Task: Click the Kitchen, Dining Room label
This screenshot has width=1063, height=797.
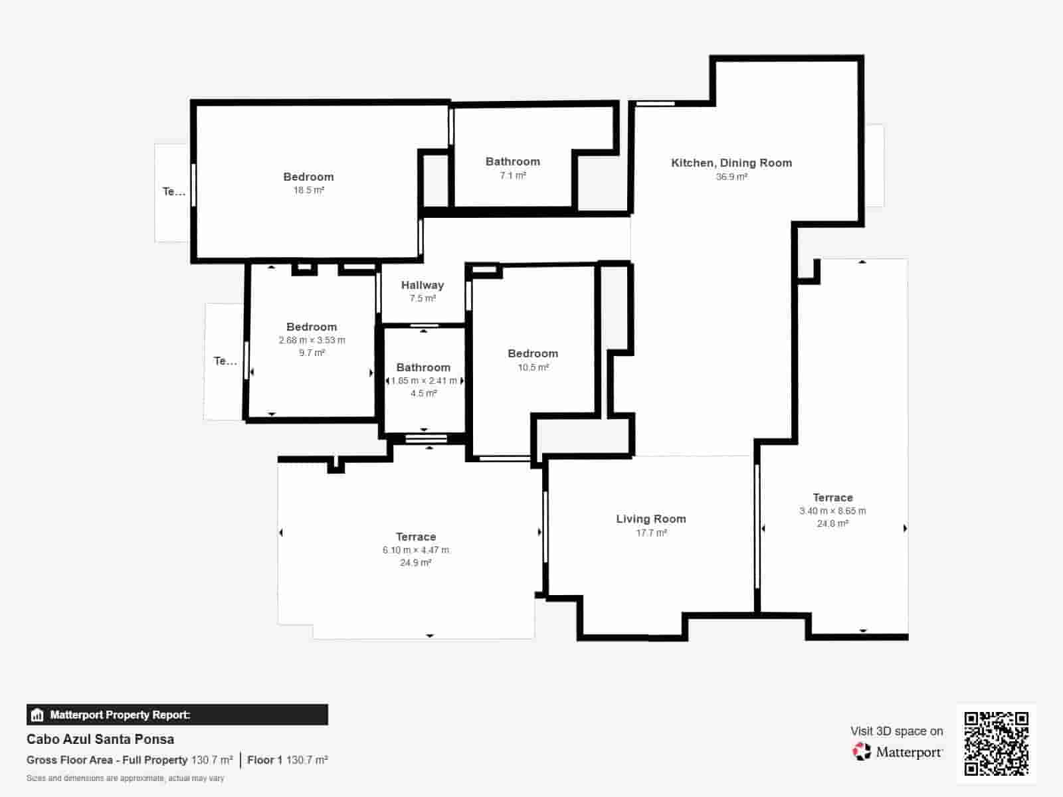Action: (731, 163)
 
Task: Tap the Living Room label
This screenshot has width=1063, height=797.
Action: (651, 519)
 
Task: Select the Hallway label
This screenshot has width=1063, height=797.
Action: (423, 286)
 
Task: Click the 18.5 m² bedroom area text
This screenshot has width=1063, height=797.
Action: (308, 190)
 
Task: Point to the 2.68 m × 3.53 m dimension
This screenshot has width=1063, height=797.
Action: (312, 340)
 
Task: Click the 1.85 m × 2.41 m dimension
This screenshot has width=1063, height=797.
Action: (424, 381)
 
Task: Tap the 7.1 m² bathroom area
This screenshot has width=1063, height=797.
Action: (513, 175)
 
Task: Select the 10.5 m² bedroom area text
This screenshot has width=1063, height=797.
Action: (533, 367)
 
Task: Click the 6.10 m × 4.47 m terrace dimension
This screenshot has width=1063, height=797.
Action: (415, 550)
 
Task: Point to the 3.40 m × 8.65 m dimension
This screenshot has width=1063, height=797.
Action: (832, 511)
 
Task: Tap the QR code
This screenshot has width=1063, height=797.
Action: (996, 743)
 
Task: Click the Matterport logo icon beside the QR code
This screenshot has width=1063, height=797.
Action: (862, 752)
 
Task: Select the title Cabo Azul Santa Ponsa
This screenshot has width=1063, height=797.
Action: (100, 739)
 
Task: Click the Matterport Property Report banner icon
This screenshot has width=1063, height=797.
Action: (37, 715)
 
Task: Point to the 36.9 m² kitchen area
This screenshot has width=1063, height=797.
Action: (731, 177)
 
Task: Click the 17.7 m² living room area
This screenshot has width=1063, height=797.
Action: (651, 533)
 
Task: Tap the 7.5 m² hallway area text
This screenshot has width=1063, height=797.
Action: (423, 299)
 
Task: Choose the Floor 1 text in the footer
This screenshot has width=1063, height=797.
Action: (264, 760)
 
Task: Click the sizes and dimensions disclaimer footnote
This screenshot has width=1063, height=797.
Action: (126, 778)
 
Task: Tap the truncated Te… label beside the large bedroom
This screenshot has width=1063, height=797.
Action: (173, 192)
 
